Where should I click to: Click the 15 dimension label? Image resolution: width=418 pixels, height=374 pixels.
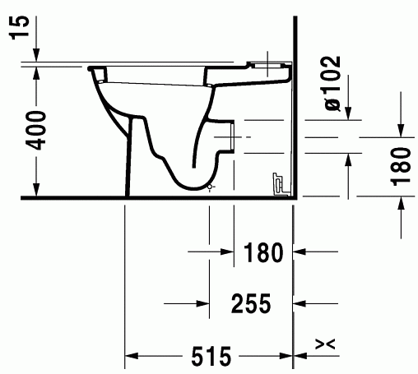pos(20,27)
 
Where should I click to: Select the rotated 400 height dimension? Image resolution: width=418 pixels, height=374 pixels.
pos(36,131)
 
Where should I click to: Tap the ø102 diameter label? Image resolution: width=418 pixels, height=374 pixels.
pos(332,83)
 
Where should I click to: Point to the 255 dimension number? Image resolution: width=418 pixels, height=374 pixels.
pos(251,303)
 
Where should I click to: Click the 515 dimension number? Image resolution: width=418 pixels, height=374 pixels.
pos(211,356)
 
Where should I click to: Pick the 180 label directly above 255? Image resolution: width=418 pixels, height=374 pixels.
pos(263,252)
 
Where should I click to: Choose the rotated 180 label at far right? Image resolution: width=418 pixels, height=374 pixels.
pos(402,167)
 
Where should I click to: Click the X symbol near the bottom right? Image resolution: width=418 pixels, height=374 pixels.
pos(325,344)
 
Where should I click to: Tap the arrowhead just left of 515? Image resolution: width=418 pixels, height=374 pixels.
pos(132,356)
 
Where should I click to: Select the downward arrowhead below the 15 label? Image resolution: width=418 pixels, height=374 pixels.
pos(36,55)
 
